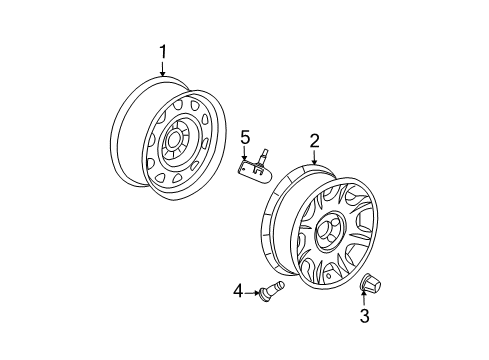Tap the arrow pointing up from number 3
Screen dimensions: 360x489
365,301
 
